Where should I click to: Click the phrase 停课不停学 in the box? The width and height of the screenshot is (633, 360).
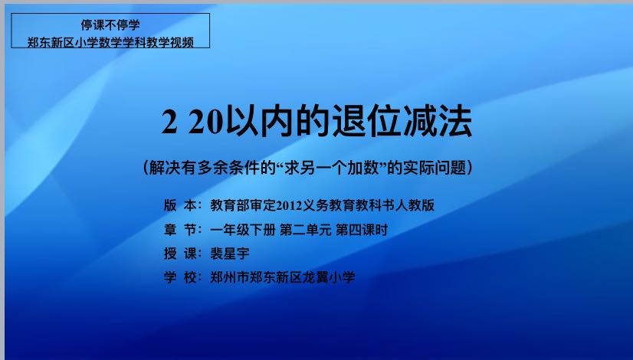coord(110,25)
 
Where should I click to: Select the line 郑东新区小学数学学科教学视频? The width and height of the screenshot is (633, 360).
coord(110,42)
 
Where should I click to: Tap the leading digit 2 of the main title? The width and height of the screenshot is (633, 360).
coord(169,122)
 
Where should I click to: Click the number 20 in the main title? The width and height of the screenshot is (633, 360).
coord(206,122)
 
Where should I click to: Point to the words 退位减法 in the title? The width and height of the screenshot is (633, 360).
coord(402,122)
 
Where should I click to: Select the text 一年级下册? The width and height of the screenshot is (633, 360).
coord(243,230)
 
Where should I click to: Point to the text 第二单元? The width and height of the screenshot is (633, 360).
coord(306,230)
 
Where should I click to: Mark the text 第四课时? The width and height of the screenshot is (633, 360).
coord(362,230)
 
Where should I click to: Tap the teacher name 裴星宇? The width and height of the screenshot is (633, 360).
coord(230,254)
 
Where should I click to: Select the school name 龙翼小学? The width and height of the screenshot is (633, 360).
coord(329,277)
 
